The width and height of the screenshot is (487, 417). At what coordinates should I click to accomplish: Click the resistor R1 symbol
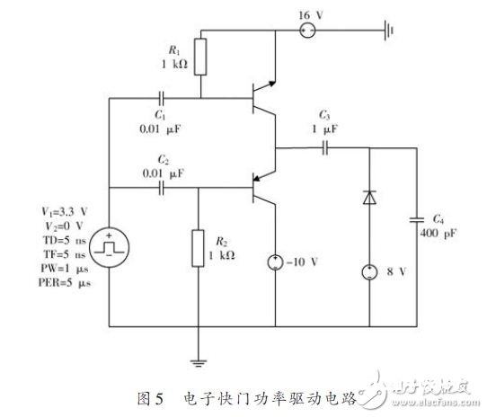(x=200, y=57)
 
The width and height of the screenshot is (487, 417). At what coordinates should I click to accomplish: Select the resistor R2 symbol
(x=198, y=248)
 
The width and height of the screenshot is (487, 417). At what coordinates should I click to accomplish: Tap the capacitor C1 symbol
(x=161, y=99)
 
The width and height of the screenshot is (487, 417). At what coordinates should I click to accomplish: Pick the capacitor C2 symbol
(x=161, y=188)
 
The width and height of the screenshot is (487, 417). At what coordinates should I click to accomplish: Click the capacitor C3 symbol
(x=325, y=148)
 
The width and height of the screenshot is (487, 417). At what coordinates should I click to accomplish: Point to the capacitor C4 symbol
(x=417, y=219)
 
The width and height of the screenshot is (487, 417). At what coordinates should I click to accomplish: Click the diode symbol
(x=369, y=198)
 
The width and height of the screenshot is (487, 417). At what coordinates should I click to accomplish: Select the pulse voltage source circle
(x=109, y=247)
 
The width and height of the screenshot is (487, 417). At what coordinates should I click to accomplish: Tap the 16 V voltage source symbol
(x=307, y=31)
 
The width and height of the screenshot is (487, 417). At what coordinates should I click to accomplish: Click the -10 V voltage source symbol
(x=275, y=262)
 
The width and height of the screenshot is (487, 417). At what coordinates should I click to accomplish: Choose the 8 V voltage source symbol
(x=369, y=272)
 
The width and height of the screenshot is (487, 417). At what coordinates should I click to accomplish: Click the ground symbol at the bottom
(x=199, y=362)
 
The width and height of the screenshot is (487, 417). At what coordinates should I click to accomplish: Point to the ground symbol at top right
(x=389, y=31)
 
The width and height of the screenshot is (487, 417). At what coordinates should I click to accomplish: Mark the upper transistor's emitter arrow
(x=271, y=84)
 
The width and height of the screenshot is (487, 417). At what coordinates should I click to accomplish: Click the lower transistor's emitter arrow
(x=257, y=178)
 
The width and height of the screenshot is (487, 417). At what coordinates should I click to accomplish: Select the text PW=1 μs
(x=65, y=268)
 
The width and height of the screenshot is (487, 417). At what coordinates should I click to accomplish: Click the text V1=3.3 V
(x=65, y=212)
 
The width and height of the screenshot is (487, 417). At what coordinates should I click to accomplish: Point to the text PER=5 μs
(x=65, y=282)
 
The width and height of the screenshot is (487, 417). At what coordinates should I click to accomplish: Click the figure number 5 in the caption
(x=159, y=398)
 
